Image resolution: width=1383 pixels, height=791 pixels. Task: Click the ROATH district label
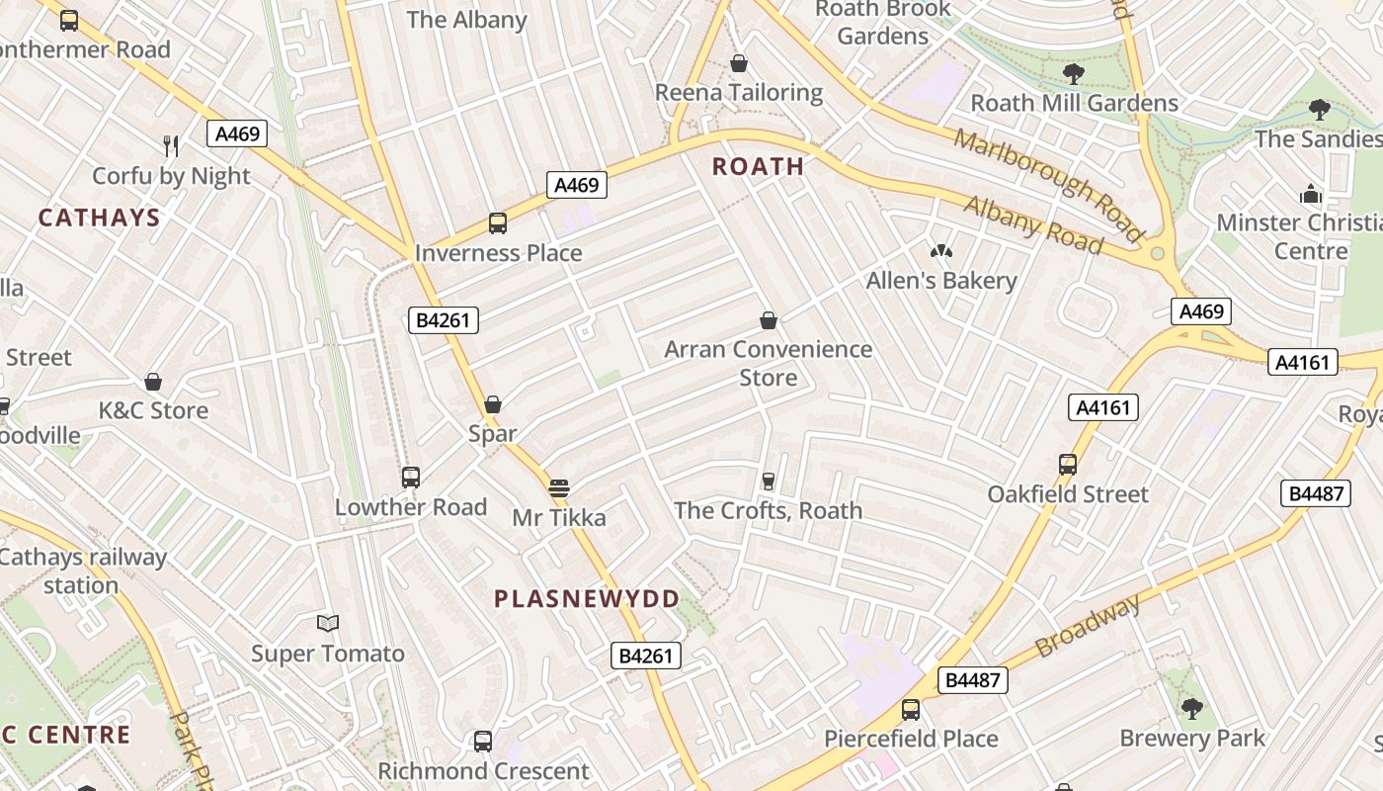[x=759, y=166]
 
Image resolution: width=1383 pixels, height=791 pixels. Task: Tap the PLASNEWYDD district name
[x=587, y=598]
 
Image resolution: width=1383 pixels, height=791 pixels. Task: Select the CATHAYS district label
[x=99, y=218]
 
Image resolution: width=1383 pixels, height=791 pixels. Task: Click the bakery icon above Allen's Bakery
[x=940, y=252]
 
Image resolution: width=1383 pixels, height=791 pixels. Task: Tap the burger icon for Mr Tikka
[x=559, y=487]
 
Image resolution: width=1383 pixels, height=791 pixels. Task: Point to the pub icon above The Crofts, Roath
[x=768, y=482]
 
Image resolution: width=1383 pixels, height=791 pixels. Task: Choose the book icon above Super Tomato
[x=328, y=623]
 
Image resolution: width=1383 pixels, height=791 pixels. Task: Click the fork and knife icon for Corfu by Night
[x=171, y=146]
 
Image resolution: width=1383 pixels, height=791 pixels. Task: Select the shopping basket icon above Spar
[x=493, y=403]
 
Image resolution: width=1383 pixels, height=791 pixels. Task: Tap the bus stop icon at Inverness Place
[x=498, y=223]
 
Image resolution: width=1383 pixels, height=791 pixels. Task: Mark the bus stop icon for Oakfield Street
[x=1067, y=465]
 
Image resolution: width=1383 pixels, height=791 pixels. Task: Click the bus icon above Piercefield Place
[x=911, y=710]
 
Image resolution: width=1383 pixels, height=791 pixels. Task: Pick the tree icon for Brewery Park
[x=1191, y=708]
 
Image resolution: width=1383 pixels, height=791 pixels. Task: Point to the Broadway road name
[x=1088, y=626]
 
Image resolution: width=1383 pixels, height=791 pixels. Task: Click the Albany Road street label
[x=1032, y=224]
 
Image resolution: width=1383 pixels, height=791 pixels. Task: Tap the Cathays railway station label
[x=82, y=571]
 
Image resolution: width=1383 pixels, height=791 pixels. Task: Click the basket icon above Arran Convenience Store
[x=769, y=320]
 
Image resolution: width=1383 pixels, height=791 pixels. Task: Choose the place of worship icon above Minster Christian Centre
[x=1311, y=194]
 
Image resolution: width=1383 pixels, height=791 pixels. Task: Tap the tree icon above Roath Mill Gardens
[x=1074, y=73]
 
